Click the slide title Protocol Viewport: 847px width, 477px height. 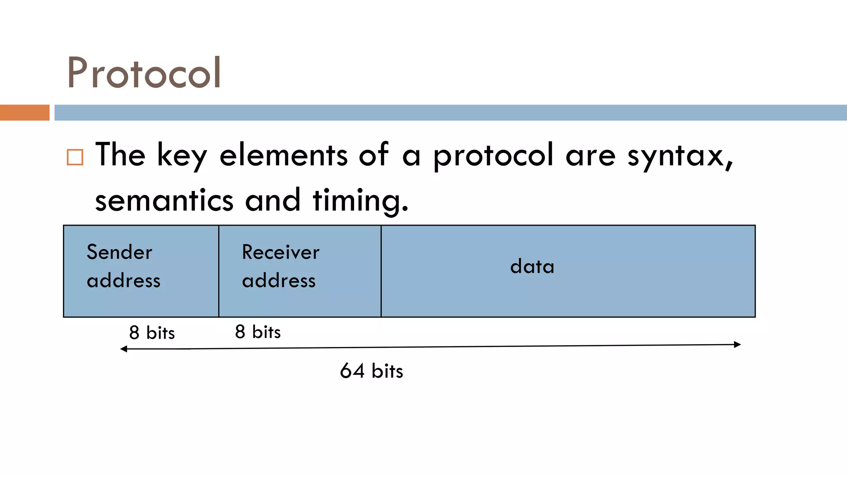click(x=144, y=73)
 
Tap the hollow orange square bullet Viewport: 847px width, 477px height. click(x=75, y=157)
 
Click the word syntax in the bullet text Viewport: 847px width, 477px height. click(x=680, y=156)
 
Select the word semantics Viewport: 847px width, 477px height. click(x=164, y=200)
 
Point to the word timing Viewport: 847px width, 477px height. click(x=360, y=200)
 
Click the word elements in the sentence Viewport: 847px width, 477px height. click(x=283, y=155)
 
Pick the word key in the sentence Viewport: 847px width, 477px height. click(x=182, y=156)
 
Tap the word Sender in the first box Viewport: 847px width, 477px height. click(x=120, y=252)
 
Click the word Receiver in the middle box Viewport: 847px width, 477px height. click(x=280, y=252)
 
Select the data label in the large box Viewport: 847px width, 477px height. click(x=532, y=266)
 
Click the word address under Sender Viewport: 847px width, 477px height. click(x=123, y=281)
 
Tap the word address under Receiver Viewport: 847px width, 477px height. click(x=279, y=281)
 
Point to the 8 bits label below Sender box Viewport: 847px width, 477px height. click(x=152, y=332)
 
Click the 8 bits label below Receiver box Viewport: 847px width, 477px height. click(x=258, y=332)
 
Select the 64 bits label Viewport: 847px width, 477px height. click(x=371, y=371)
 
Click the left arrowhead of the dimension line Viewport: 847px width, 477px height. click(x=123, y=349)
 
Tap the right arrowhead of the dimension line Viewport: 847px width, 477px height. click(x=737, y=344)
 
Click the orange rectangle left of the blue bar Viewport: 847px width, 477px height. click(x=24, y=113)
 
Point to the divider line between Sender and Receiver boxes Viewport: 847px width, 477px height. click(x=219, y=271)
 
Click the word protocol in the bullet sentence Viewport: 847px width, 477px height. click(x=493, y=156)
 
